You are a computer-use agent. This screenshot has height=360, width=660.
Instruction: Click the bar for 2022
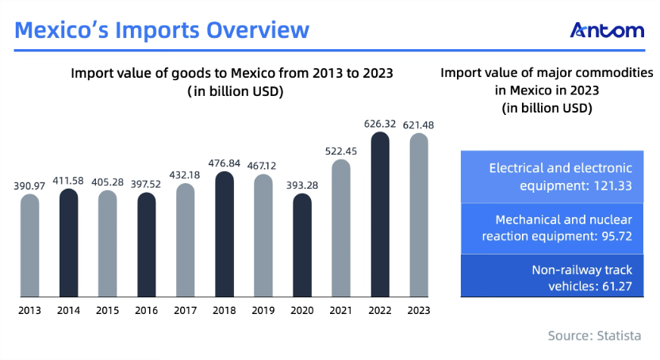pos(380,214)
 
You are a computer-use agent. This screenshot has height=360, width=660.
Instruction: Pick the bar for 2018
pos(224,234)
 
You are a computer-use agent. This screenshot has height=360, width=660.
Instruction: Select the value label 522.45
pos(341,151)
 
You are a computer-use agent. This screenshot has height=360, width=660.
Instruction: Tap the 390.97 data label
pos(29,186)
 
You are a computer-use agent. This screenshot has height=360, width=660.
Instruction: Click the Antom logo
pos(607,30)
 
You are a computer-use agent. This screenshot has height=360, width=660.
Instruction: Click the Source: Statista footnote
pos(594,335)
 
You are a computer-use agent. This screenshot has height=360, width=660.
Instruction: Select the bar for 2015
pos(108,244)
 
